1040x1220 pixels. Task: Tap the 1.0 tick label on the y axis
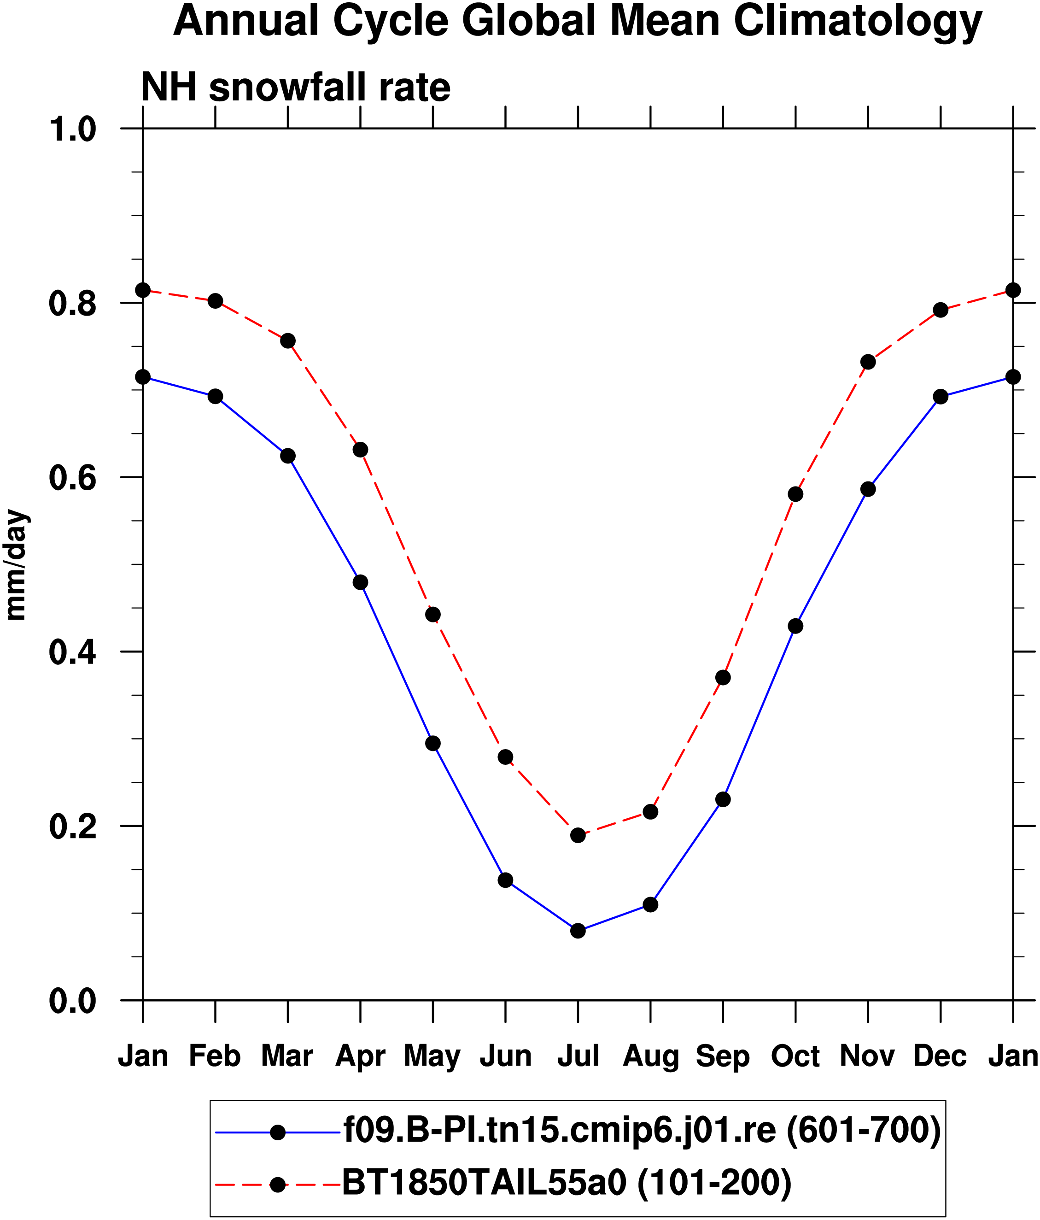click(72, 130)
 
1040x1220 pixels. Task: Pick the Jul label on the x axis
click(578, 1056)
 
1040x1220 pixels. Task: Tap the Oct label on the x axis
click(795, 1056)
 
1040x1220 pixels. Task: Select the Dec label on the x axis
click(940, 1056)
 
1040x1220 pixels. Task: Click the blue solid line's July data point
click(578, 931)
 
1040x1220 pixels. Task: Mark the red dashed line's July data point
click(578, 835)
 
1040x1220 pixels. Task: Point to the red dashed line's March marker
click(288, 341)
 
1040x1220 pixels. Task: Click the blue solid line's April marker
click(360, 582)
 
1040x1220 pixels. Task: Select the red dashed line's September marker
click(723, 678)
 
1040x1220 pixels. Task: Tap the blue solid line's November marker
click(868, 489)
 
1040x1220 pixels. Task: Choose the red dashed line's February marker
click(216, 301)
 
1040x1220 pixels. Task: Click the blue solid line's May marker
click(432, 744)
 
